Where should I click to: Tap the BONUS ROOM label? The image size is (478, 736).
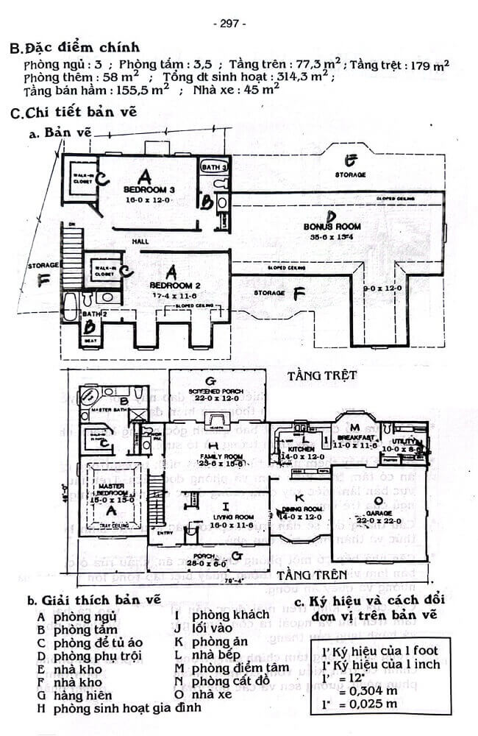pos(332,227)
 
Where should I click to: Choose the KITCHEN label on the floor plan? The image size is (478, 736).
pos(302,448)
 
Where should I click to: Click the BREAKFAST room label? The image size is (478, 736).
pos(356,436)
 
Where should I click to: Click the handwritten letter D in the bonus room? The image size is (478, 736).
pos(332,216)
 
